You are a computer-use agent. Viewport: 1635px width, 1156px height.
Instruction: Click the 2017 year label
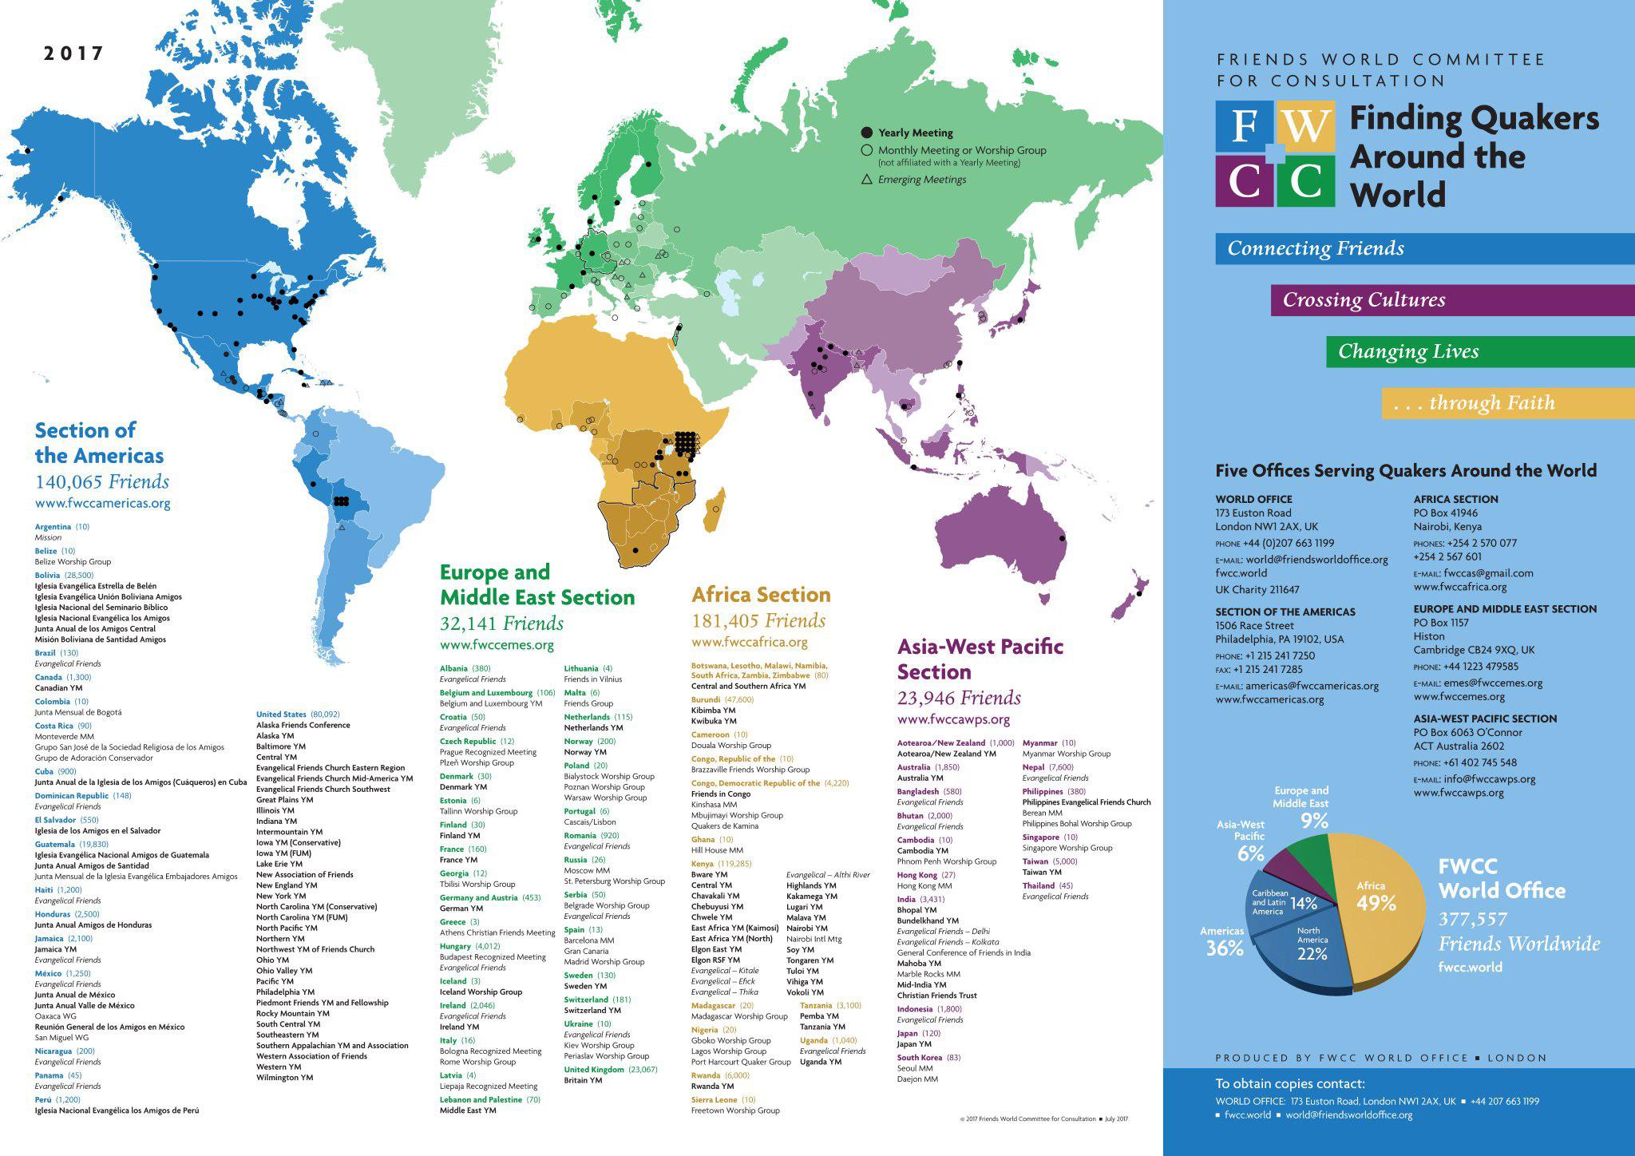tap(73, 53)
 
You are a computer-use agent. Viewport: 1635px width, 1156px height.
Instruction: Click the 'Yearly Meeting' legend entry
tap(915, 133)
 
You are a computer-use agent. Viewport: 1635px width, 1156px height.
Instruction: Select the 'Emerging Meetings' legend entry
tap(921, 180)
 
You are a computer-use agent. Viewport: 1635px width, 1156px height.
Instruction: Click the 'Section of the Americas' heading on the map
tap(99, 443)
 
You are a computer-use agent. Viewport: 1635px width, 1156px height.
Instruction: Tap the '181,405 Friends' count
tap(758, 620)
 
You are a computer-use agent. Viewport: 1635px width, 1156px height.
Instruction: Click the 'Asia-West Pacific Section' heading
tap(980, 659)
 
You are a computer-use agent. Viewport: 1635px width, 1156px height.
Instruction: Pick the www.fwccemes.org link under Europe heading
tap(497, 645)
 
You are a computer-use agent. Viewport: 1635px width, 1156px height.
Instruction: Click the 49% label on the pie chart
tap(1376, 903)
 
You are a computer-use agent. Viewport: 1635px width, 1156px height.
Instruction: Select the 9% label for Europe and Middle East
tap(1313, 820)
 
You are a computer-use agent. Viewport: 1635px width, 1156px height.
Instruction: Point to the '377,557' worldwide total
tap(1472, 920)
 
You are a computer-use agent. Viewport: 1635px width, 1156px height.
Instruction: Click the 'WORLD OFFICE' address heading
tap(1253, 499)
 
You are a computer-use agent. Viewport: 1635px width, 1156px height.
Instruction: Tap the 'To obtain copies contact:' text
tap(1290, 1084)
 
